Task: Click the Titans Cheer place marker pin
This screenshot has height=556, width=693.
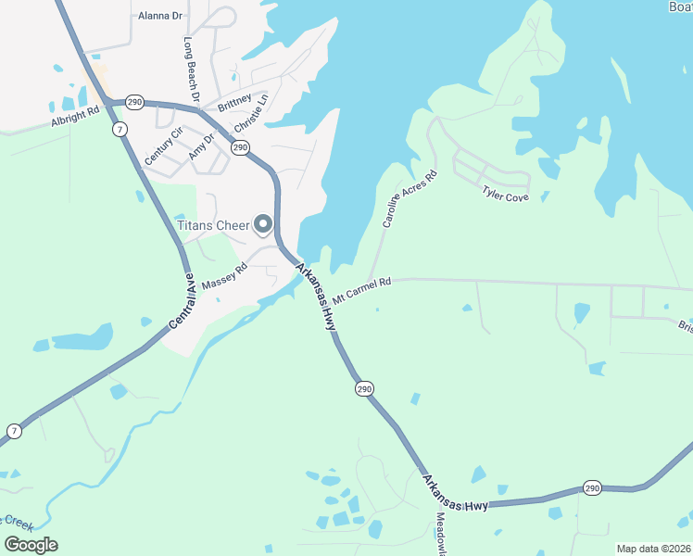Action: point(263,224)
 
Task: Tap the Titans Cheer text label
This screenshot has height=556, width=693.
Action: point(214,225)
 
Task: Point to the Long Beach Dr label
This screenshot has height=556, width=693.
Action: point(192,69)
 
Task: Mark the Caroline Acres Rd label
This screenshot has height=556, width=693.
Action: point(409,200)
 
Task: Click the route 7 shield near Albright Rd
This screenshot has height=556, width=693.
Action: point(120,129)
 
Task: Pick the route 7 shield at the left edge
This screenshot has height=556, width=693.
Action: point(14,431)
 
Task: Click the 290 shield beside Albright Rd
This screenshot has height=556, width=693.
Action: point(135,101)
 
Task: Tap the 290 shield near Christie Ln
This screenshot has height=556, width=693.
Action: point(240,147)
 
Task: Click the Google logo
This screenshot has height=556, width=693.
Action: point(31,545)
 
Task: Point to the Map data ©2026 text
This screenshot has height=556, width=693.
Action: point(653,549)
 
